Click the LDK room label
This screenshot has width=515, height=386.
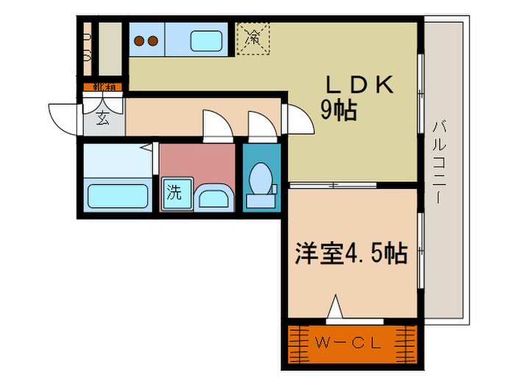(358, 85)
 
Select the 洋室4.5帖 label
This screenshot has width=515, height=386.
(352, 254)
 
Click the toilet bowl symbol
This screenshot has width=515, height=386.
(260, 177)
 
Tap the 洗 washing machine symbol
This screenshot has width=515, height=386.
(174, 193)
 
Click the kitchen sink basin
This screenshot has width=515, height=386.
(207, 40)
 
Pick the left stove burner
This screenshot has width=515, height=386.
(139, 41)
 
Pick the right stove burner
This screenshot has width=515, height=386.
(153, 41)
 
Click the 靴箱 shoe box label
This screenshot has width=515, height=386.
(102, 87)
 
